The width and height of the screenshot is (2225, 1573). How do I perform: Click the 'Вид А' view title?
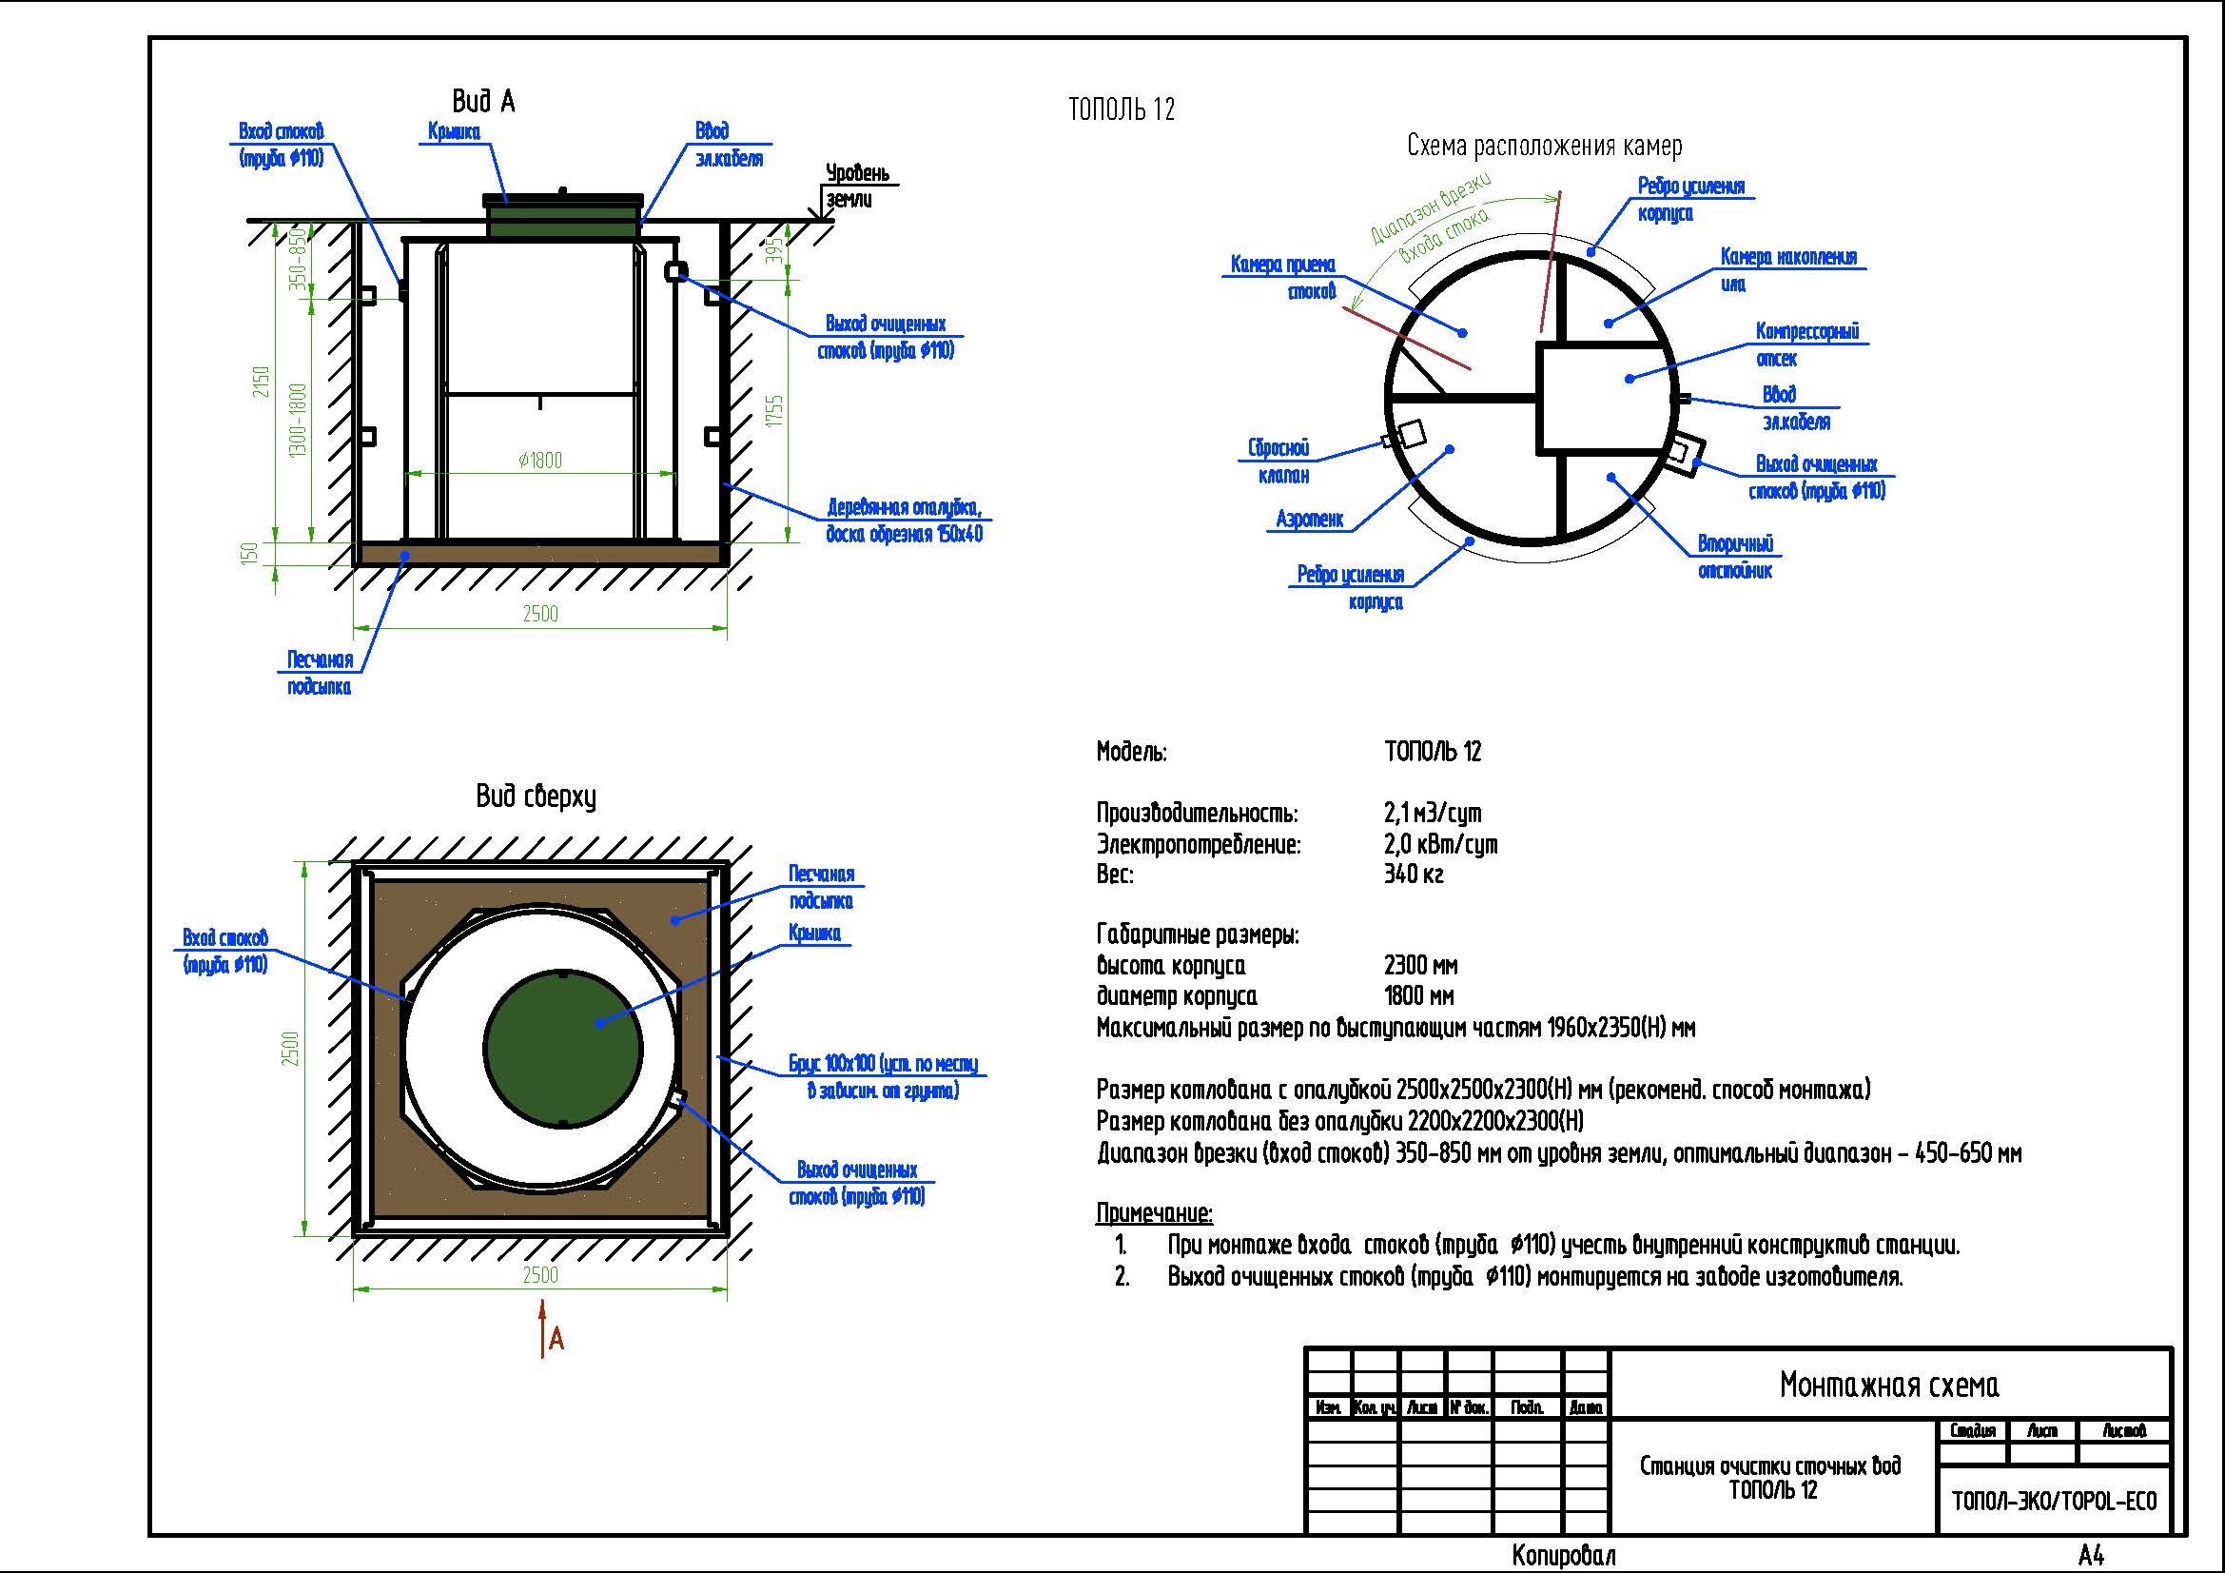[x=482, y=101]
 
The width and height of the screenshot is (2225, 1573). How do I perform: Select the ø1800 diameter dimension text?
[x=539, y=461]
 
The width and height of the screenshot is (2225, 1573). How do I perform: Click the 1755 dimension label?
[x=773, y=411]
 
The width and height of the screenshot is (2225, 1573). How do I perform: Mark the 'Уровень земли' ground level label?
[x=857, y=187]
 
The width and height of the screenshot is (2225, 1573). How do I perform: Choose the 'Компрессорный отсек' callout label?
[x=1806, y=345]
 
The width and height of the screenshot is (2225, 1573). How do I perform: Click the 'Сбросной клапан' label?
[x=1278, y=462]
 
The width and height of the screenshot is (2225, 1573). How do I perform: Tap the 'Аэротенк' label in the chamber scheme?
[x=1309, y=520]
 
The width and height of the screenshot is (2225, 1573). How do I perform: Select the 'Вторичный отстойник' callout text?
[x=1736, y=558]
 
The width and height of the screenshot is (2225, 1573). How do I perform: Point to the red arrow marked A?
[x=545, y=1332]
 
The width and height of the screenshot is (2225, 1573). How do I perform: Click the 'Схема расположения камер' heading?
[x=1544, y=147]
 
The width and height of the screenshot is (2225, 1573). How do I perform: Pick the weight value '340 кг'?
[x=1413, y=875]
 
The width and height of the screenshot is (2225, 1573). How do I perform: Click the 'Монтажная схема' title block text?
[x=1889, y=1385]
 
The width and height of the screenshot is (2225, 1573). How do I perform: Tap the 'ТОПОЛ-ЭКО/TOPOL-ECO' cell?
[x=2054, y=1502]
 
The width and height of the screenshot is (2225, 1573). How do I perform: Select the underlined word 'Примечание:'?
[x=1154, y=1213]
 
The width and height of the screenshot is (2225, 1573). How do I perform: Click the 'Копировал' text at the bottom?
[x=1563, y=1557]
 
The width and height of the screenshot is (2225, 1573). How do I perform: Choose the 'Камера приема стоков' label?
[x=1283, y=277]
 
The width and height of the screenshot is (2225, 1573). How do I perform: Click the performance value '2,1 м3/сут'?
[x=1433, y=814]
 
